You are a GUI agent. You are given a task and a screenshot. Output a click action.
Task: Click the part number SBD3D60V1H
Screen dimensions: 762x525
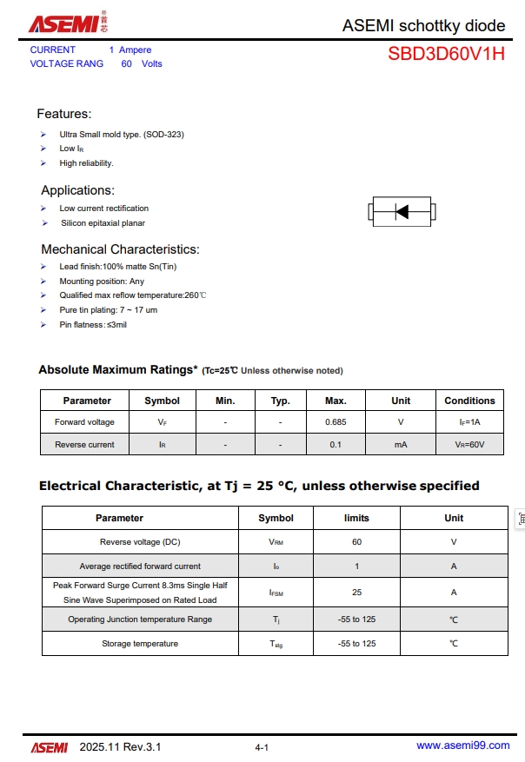coord(446,54)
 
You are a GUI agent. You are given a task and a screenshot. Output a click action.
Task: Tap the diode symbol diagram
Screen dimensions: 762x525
coord(402,211)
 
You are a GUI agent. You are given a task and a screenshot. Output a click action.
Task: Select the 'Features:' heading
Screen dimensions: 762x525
coord(63,114)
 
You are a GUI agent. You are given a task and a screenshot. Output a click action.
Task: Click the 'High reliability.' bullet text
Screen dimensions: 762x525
coord(86,163)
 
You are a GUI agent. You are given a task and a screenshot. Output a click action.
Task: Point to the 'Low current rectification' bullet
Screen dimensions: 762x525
coord(103,209)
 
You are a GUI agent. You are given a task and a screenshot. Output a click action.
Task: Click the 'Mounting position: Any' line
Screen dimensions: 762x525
coord(102,282)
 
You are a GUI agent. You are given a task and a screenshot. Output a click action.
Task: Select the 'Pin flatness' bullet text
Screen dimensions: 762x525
coord(93,324)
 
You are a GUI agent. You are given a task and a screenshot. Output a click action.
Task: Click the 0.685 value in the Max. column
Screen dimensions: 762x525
coord(336,422)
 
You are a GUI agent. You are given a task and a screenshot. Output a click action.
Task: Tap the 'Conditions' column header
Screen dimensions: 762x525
coord(469,401)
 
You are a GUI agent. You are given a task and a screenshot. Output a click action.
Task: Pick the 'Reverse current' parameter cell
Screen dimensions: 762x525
coord(84,444)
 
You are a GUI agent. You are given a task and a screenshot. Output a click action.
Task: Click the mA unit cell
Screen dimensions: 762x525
coord(401,444)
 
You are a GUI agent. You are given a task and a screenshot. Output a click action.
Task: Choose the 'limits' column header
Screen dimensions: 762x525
coord(356,518)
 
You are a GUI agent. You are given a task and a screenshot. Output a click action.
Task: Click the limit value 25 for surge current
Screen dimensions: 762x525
coord(356,593)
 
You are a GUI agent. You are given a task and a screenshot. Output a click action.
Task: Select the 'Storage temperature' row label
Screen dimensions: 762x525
coord(140,644)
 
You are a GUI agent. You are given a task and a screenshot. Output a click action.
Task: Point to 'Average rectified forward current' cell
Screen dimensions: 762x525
coord(140,567)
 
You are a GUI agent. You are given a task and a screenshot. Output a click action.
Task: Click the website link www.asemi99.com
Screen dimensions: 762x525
coord(462,745)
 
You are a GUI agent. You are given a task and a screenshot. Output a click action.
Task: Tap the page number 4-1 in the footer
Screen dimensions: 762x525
coord(262,747)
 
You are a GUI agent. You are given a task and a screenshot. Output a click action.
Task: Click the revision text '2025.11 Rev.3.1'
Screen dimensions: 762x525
coord(120,746)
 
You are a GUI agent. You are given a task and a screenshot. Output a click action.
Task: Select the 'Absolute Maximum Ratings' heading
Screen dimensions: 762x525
coord(118,370)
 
